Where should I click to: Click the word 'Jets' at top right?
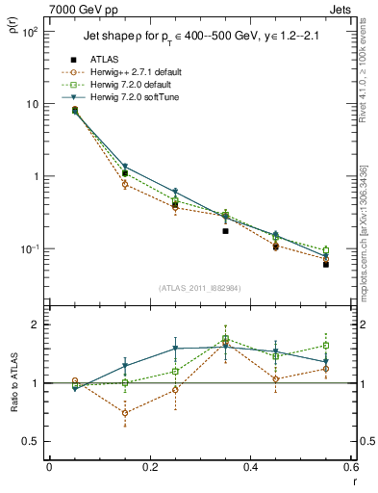tap(342, 8)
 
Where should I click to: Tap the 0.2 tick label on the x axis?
tap(149, 468)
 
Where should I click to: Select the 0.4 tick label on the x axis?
tap(250, 468)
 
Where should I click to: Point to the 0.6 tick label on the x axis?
tap(350, 468)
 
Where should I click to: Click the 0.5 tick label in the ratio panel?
tap(29, 441)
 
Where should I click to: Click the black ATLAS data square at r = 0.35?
tap(225, 231)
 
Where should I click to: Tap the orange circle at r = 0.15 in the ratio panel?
tap(125, 413)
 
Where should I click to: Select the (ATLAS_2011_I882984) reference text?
tap(199, 288)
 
